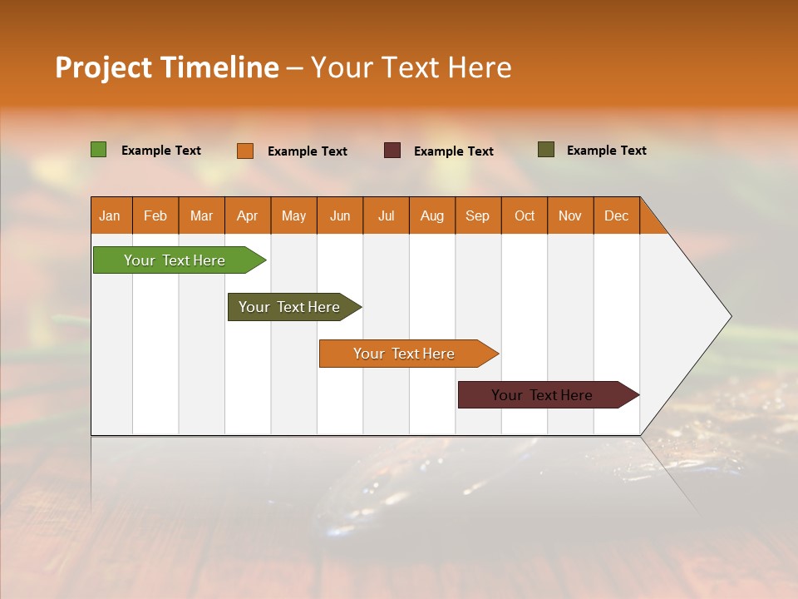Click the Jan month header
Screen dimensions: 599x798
(111, 215)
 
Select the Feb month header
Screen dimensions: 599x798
(155, 215)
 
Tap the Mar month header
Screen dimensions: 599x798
(201, 215)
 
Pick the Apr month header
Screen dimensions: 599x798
(248, 215)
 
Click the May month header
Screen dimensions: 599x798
(293, 215)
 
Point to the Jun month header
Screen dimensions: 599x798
(340, 215)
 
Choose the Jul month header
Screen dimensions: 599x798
(386, 215)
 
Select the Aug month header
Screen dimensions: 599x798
(432, 215)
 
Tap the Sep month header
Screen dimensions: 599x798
(478, 215)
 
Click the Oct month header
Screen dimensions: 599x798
(525, 215)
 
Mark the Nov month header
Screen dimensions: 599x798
(570, 215)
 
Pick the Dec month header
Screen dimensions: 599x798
(617, 215)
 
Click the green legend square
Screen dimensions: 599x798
(98, 150)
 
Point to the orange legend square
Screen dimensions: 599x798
(245, 151)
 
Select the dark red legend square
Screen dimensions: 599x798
(392, 150)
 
